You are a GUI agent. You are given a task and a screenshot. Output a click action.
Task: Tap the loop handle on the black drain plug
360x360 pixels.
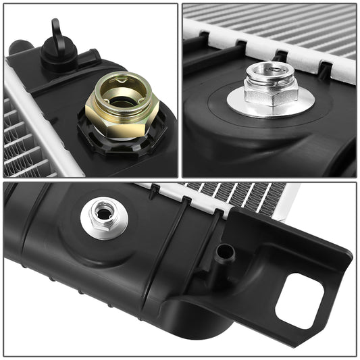coord(57,30)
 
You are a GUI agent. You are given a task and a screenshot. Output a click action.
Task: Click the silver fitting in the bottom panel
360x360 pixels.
coord(104,217)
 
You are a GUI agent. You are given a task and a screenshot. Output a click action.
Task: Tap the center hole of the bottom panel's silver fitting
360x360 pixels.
coord(103,213)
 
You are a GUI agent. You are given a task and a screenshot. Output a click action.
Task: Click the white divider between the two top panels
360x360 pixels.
coord(180,88)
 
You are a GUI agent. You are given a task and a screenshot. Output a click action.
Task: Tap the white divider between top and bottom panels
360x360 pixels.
coord(180,180)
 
